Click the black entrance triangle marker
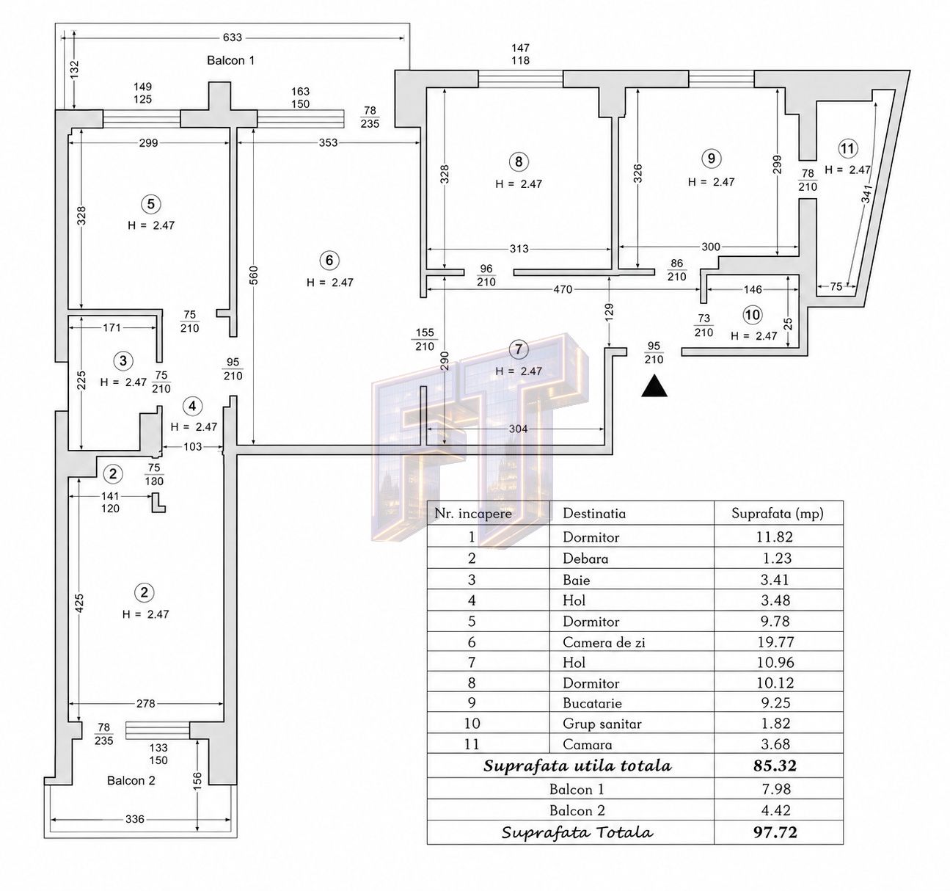(654, 387)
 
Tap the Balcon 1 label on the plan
(230, 60)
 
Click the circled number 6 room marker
(329, 261)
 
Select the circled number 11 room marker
(847, 149)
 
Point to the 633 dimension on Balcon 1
(233, 37)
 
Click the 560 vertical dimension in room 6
(254, 275)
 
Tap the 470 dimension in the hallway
(563, 289)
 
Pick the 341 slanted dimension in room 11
(867, 194)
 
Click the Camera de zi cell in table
(604, 642)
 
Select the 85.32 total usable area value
(775, 765)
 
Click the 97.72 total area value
(775, 832)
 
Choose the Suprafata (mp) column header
(778, 514)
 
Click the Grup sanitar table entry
(602, 724)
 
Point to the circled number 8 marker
(519, 161)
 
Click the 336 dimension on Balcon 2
(135, 819)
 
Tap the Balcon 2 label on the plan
(131, 780)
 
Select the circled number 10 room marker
(753, 315)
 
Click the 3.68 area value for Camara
(775, 744)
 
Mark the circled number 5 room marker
(150, 205)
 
